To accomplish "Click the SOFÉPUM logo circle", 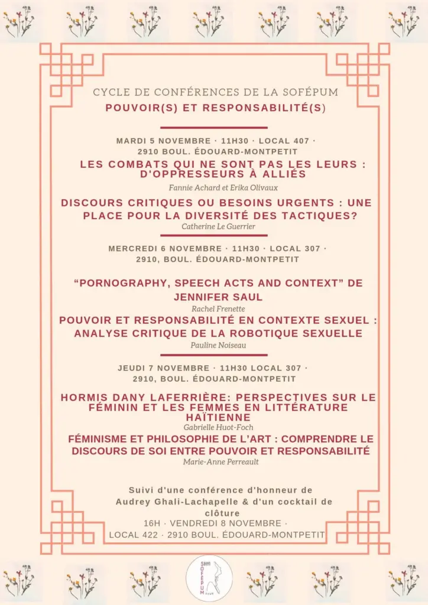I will [209, 578].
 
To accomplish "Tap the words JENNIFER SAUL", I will [218, 297].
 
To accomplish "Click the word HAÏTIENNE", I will [218, 417].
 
